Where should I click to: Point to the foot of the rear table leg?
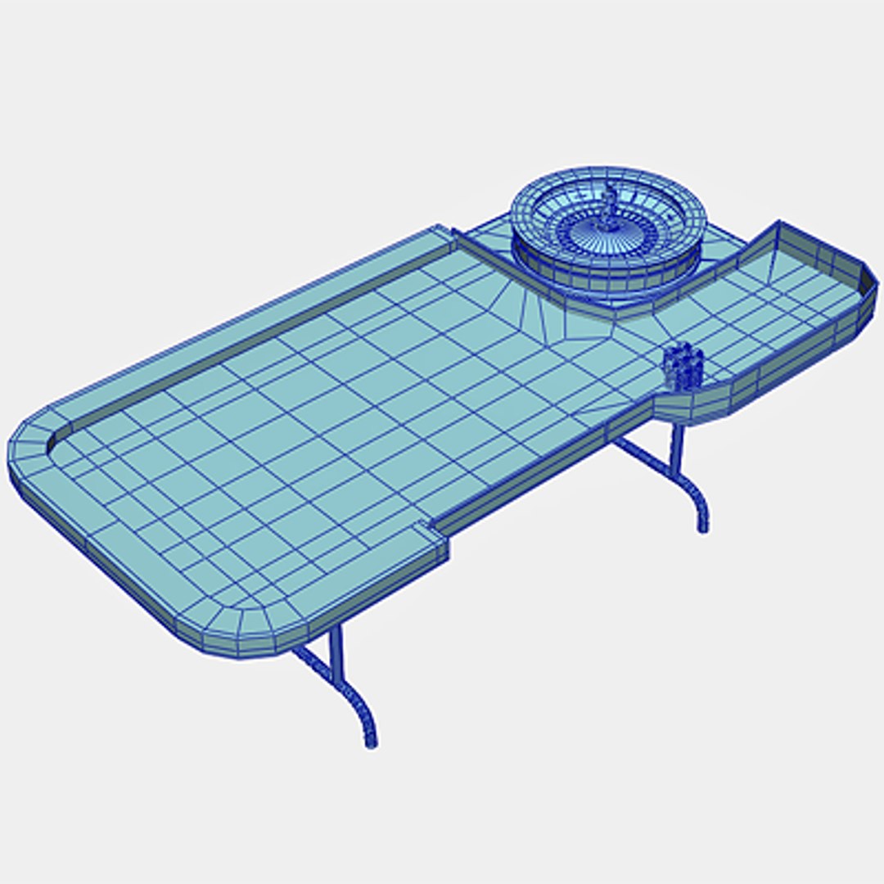tap(702, 526)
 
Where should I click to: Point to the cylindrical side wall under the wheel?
tap(606, 274)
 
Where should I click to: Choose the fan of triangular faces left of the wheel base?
tap(524, 307)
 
